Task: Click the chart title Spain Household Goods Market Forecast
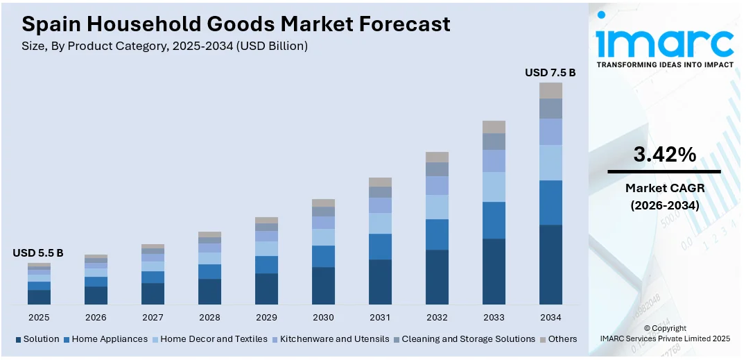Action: point(236,24)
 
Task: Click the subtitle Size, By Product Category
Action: point(165,46)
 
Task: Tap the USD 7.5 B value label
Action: point(550,72)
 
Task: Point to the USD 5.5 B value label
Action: point(38,253)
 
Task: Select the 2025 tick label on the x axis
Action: point(39,317)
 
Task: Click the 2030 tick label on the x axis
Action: point(323,317)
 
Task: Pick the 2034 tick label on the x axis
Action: point(550,317)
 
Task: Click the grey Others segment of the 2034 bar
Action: point(550,90)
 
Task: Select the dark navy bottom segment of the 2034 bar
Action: point(550,264)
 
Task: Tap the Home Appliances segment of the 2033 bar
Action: point(494,220)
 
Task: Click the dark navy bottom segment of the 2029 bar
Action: point(266,289)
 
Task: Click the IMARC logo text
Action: point(664,43)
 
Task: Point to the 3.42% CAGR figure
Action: point(664,155)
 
